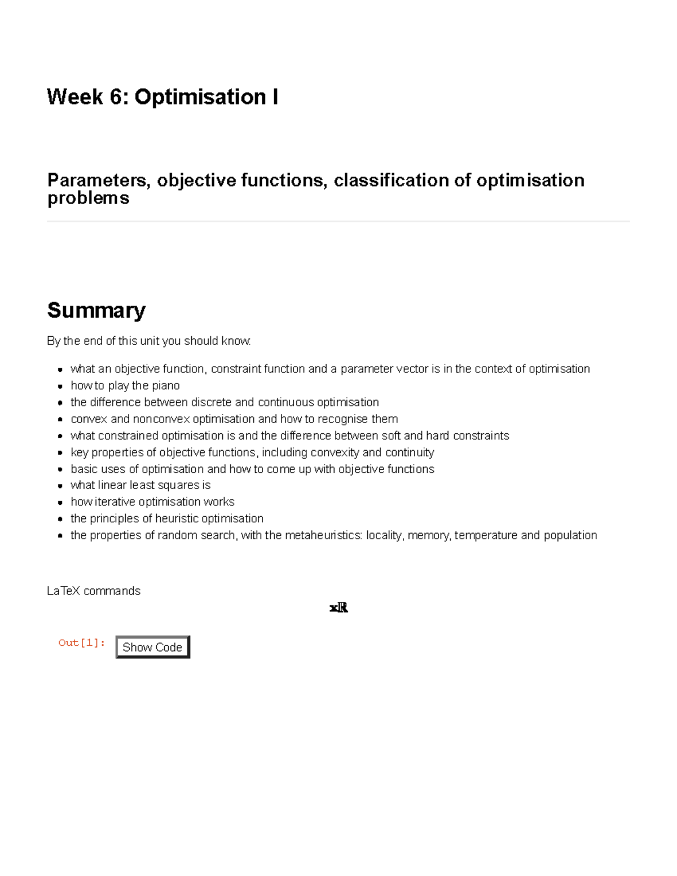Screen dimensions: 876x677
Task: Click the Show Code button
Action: [x=152, y=647]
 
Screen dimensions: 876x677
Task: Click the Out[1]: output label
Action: [x=82, y=642]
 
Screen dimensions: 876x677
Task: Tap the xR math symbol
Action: [x=338, y=608]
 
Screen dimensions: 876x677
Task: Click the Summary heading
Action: [x=96, y=310]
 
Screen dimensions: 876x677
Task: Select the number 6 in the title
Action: [x=116, y=97]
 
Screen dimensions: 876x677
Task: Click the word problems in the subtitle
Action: [x=88, y=198]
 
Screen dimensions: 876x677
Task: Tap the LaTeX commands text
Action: [x=94, y=591]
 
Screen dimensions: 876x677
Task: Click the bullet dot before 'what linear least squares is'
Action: [x=60, y=486]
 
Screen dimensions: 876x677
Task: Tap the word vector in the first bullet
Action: [x=412, y=369]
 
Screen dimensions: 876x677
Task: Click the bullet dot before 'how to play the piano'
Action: [x=60, y=386]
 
